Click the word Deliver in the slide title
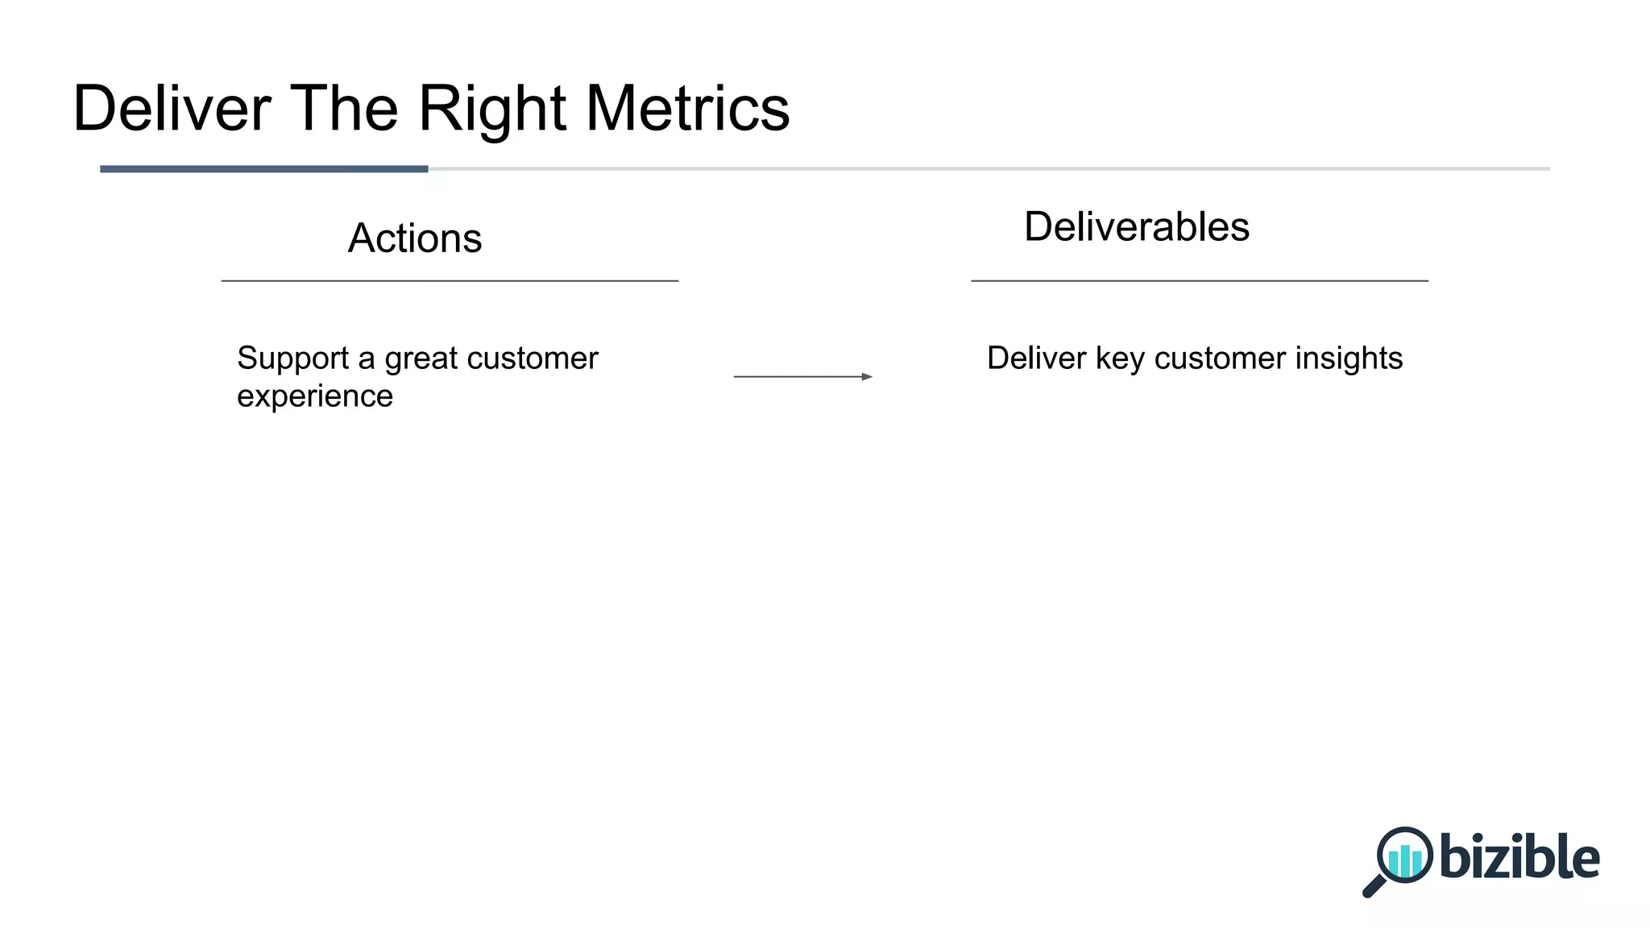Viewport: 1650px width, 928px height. [x=172, y=109]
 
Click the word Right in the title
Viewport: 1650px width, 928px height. [x=491, y=109]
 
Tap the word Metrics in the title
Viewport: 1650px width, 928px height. [x=687, y=109]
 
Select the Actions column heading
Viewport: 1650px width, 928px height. [x=415, y=238]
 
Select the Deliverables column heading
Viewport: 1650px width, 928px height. [x=1136, y=226]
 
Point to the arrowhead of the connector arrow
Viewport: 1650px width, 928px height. [x=867, y=376]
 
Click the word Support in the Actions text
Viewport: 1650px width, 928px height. [x=292, y=358]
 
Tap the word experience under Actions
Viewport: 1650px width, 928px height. [x=315, y=396]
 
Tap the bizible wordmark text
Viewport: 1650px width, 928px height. [x=1519, y=856]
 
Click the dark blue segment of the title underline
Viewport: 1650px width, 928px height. [x=263, y=169]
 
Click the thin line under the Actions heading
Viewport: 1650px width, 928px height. [x=450, y=280]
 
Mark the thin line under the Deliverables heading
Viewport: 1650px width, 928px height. [x=1199, y=280]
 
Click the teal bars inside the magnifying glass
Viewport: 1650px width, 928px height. [x=1406, y=860]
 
